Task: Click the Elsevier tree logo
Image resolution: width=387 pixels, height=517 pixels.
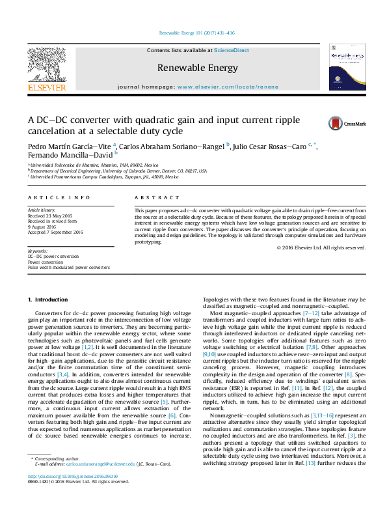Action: [x=46, y=64]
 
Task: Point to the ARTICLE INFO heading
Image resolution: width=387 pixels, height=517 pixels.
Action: [x=59, y=197]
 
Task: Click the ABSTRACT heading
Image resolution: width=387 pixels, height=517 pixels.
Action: [x=156, y=197]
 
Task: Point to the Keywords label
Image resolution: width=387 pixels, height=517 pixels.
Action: [x=37, y=251]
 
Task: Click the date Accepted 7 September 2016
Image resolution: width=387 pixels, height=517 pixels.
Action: [x=55, y=232]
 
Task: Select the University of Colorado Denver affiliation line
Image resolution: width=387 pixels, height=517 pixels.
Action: [x=118, y=171]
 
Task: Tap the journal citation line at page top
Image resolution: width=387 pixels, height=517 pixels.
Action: [x=193, y=34]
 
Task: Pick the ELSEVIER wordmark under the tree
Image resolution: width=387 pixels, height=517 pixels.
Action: [x=46, y=87]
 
